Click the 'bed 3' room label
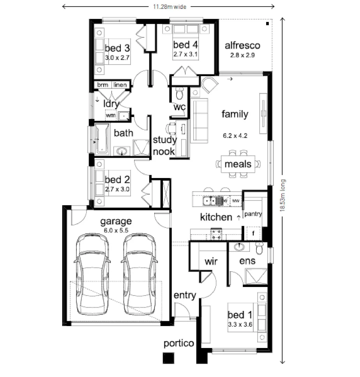pyautogui.click(x=117, y=48)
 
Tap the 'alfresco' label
pyautogui.click(x=242, y=45)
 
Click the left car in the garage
pyautogui.click(x=92, y=274)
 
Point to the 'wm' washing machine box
pyautogui.click(x=111, y=115)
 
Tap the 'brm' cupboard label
pyautogui.click(x=103, y=85)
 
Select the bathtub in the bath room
pyautogui.click(x=102, y=139)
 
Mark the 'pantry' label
pyautogui.click(x=253, y=214)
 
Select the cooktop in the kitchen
pyautogui.click(x=216, y=234)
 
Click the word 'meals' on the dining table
pyautogui.click(x=238, y=164)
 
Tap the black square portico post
pyautogui.click(x=169, y=358)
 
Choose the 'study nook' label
pyautogui.click(x=165, y=146)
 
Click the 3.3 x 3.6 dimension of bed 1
pyautogui.click(x=240, y=324)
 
